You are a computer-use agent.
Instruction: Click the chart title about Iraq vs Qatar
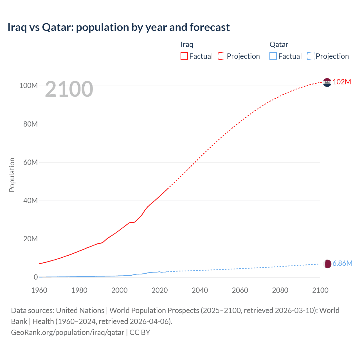(118, 27)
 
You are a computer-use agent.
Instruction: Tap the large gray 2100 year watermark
(69, 89)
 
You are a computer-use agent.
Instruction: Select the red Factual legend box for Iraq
(184, 56)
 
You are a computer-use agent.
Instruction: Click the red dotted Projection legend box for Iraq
(222, 56)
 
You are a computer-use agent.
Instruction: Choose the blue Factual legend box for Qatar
(273, 56)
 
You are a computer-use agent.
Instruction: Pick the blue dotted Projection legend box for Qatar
(311, 56)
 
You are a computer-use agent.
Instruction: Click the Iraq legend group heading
(187, 44)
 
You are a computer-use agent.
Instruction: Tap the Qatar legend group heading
(279, 44)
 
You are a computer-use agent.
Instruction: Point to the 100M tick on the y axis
(28, 85)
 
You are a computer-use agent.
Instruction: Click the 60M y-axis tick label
(30, 162)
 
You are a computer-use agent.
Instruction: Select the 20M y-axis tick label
(30, 239)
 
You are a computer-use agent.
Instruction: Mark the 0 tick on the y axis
(36, 277)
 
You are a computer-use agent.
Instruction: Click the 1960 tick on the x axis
(39, 290)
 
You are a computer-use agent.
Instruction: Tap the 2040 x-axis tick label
(200, 290)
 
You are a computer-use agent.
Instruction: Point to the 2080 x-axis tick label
(280, 290)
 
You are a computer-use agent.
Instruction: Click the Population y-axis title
(12, 175)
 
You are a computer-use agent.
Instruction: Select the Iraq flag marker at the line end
(327, 82)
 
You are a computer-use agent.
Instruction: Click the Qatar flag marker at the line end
(327, 264)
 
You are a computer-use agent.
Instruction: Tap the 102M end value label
(342, 82)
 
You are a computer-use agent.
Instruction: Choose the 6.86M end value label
(342, 263)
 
